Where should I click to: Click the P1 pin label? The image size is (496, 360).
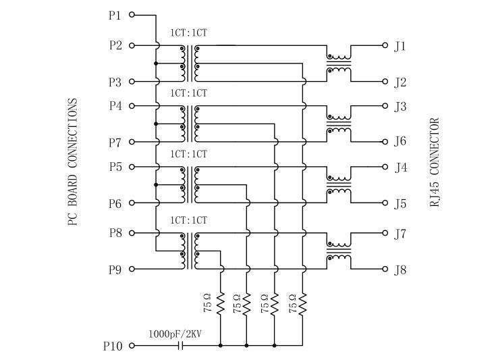114,14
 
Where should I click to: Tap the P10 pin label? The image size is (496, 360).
112,346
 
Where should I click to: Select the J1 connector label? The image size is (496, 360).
400,47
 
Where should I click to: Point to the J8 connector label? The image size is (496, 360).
400,270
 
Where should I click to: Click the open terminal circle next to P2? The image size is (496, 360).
132,46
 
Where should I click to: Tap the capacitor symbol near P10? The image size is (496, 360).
180,346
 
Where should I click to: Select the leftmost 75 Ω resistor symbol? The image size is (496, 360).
221,305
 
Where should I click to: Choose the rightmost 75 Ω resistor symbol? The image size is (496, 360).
302,305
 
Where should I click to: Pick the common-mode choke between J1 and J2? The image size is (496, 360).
338,63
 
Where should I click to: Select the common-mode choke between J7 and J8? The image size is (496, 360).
338,251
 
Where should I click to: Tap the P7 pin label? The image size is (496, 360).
114,143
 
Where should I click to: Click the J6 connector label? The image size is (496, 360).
400,142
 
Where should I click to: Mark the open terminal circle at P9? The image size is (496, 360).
132,269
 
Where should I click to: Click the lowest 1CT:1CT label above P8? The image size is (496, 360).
188,220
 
